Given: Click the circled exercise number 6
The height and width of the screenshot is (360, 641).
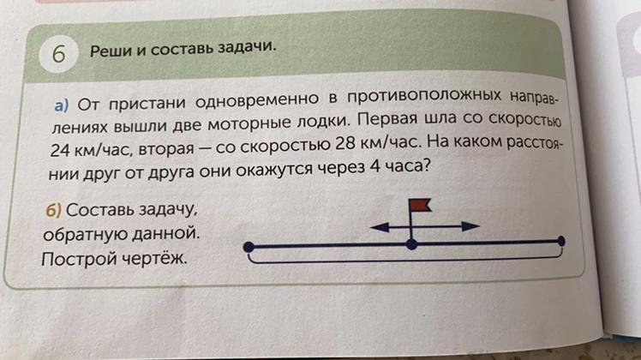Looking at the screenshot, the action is [58, 54].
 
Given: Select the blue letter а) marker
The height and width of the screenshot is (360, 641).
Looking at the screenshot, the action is [62, 105].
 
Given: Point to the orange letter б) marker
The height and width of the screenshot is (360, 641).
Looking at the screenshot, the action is [53, 210].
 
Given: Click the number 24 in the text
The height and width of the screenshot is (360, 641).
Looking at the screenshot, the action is [60, 151].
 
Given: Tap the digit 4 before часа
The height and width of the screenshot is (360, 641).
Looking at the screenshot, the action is [374, 167].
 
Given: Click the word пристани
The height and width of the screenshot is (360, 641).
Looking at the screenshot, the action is [147, 104].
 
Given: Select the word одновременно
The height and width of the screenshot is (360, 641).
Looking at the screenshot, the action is [257, 99].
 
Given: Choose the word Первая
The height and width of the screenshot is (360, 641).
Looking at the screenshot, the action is [387, 119].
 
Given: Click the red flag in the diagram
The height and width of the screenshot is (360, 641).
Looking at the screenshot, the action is [420, 206].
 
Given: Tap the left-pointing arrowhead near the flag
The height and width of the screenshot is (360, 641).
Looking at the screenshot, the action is [379, 226].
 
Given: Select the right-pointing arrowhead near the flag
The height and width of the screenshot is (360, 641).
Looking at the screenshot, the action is [470, 225].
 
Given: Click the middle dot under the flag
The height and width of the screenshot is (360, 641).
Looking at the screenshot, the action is [411, 244].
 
